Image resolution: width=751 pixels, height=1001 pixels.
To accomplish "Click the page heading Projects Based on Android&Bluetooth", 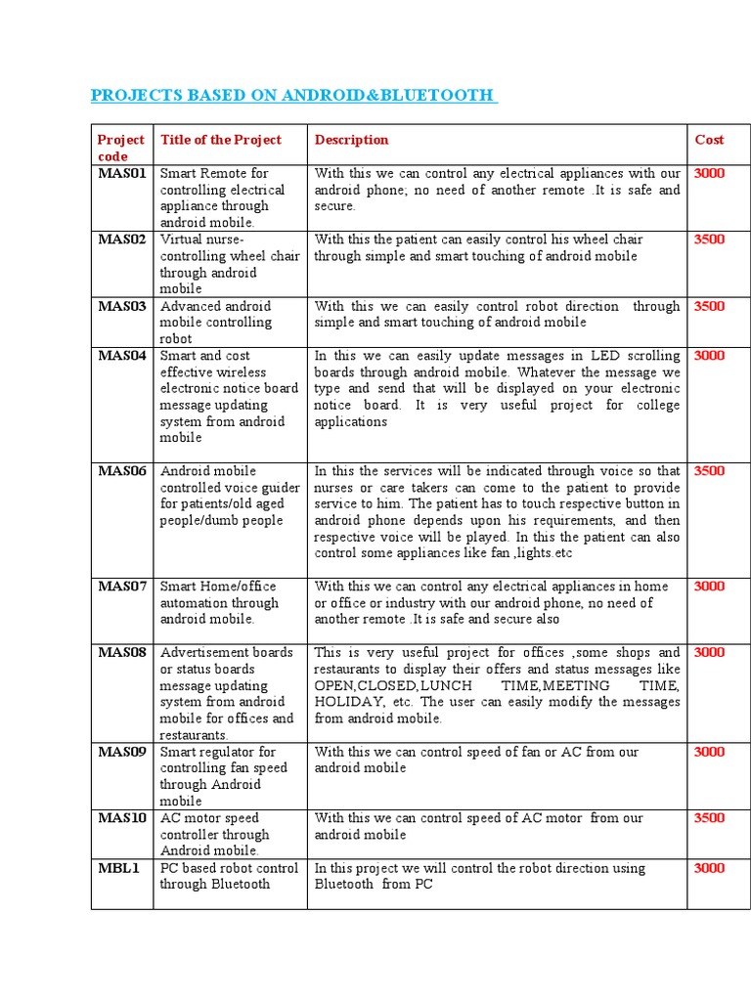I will coord(292,95).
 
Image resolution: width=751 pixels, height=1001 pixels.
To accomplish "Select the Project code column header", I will coord(121,148).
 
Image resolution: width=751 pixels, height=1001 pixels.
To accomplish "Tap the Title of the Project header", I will coord(220,140).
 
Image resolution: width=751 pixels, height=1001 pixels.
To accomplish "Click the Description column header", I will coord(351,140).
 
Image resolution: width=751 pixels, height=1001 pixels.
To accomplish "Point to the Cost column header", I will coord(709,140).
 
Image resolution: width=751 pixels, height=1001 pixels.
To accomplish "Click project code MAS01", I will coord(121,173).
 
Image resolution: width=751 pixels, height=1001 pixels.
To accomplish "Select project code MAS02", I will coord(121,239).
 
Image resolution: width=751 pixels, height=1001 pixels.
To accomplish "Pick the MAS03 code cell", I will coord(121,306).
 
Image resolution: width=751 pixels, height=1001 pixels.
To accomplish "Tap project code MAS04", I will coord(121,356).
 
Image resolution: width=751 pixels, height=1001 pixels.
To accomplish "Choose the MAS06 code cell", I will coord(121,471).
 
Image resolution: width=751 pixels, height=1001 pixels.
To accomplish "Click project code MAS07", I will coord(121,587).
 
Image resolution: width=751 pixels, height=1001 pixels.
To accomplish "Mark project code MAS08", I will coord(121,653).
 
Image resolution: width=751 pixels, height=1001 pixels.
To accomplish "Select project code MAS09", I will coord(121,752).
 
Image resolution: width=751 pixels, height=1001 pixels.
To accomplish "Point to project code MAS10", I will coord(121,818).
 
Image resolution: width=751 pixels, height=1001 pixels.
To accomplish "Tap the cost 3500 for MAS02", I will coord(709,239).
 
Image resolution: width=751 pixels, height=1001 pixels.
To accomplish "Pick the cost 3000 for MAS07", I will coord(709,587).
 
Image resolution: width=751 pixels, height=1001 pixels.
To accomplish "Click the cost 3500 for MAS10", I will coord(709,818).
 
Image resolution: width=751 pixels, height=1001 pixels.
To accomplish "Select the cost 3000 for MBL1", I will coord(709,868).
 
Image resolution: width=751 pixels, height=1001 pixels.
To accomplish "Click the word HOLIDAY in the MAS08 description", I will coord(347,702).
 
